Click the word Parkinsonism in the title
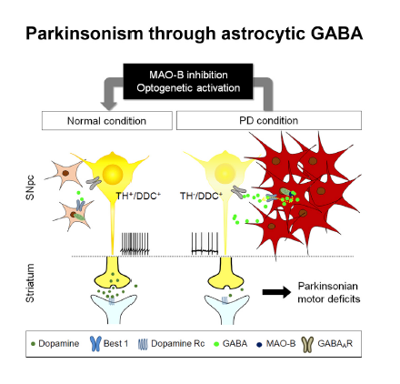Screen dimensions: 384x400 coord(84,35)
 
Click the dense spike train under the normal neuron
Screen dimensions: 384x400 coord(136,243)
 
